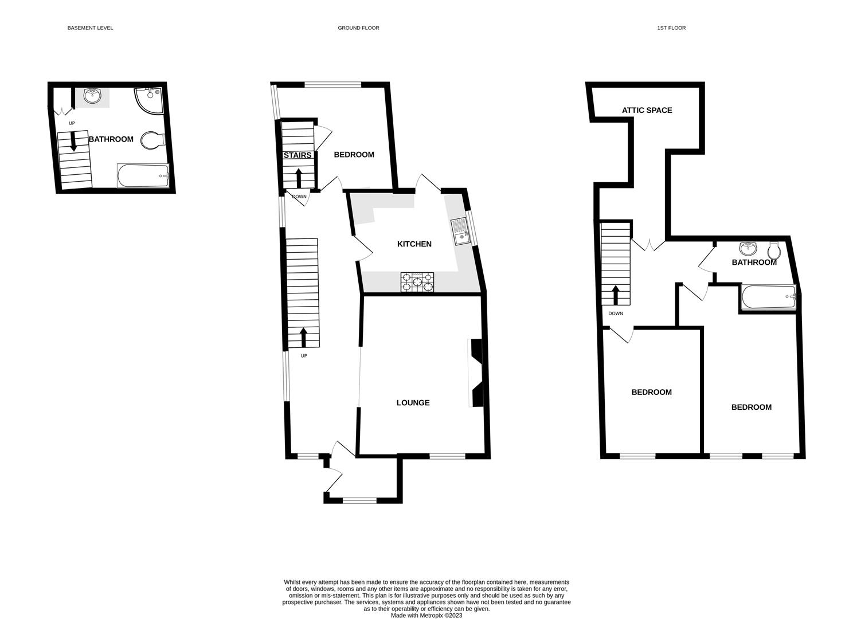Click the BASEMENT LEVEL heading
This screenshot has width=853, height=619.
(90, 28)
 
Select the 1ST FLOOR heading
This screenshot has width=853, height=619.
(671, 28)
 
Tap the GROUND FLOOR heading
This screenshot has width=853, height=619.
(358, 28)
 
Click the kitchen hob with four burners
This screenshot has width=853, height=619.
(417, 282)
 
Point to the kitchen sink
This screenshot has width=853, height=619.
(460, 232)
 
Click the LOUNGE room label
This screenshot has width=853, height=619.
(413, 403)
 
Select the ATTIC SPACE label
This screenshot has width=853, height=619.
(647, 110)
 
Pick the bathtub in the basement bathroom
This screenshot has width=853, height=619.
(143, 176)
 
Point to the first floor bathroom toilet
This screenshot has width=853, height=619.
(773, 250)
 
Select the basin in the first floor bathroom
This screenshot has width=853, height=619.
(748, 249)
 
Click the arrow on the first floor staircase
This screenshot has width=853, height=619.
(616, 295)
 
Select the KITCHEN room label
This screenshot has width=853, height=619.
(414, 244)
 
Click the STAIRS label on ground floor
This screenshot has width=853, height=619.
(298, 155)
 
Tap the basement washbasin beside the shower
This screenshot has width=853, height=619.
(92, 95)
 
